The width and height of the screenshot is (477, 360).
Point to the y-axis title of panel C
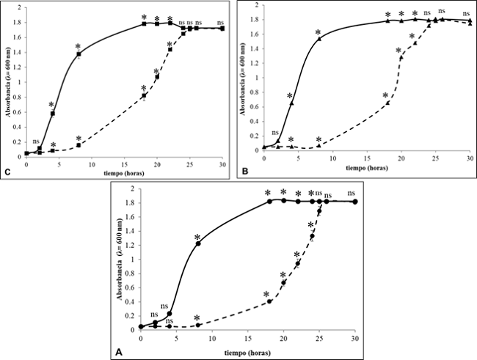(7, 83)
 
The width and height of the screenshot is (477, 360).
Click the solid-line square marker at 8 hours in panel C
(79, 54)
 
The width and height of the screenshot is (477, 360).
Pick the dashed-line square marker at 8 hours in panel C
(79, 145)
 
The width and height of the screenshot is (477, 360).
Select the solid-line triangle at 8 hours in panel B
(318, 39)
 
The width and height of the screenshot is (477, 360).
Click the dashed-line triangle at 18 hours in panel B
(387, 103)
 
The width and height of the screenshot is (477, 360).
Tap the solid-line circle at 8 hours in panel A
(197, 243)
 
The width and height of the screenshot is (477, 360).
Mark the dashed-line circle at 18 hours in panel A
(269, 301)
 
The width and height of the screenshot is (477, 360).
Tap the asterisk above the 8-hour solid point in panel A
(197, 236)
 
